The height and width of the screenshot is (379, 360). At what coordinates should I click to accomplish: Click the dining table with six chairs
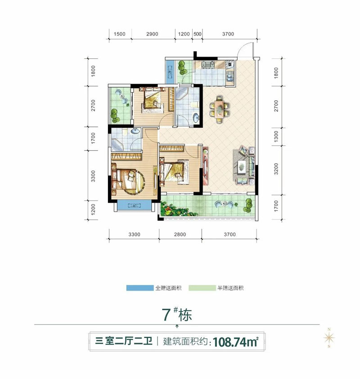219,108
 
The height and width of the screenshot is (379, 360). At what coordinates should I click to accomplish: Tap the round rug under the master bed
130,180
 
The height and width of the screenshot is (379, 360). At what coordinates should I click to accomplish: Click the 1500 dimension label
119,34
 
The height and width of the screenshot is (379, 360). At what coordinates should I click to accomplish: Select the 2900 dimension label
152,34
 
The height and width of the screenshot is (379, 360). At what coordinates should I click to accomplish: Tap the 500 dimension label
197,34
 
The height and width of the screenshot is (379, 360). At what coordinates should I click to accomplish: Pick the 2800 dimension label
180,234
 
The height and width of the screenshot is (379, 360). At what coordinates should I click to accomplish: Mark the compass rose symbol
329,338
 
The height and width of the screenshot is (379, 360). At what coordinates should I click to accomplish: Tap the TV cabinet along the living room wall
206,166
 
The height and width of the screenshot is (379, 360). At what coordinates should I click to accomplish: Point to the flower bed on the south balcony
173,209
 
